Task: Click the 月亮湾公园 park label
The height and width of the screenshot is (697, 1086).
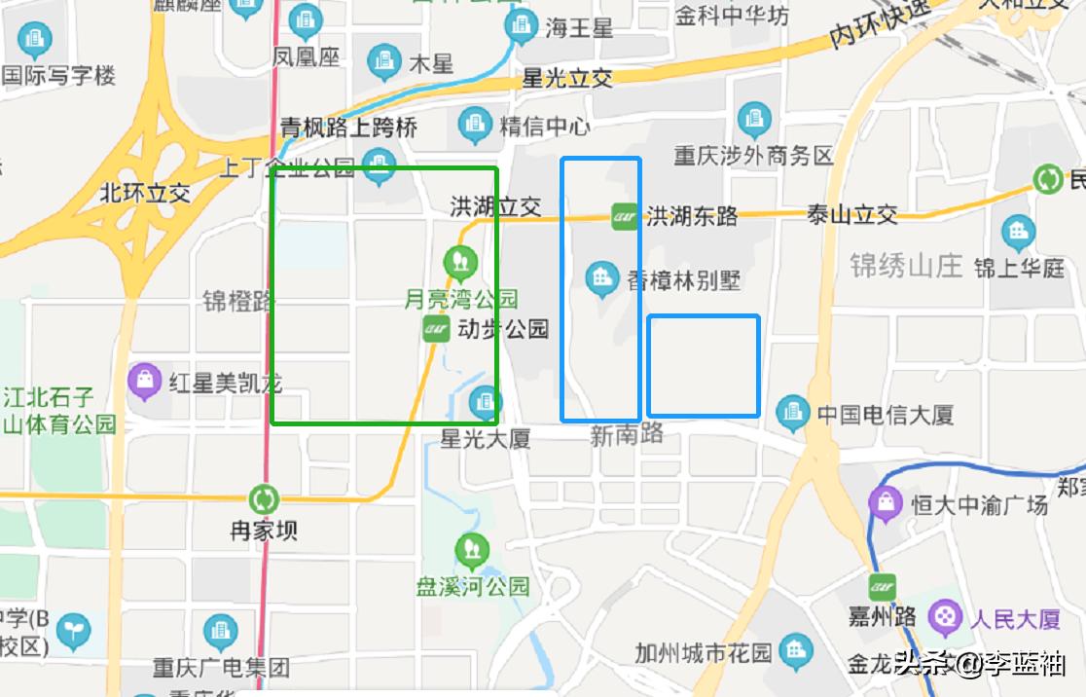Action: (x=461, y=299)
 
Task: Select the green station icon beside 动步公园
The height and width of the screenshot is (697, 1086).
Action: (x=436, y=329)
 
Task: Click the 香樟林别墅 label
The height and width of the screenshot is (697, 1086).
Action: (x=683, y=280)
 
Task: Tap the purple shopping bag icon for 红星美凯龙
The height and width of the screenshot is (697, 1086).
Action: (x=144, y=382)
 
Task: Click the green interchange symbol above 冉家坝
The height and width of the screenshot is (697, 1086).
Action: (x=264, y=500)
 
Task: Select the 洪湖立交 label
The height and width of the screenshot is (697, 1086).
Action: (x=495, y=206)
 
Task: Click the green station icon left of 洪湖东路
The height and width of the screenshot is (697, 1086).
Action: (x=624, y=216)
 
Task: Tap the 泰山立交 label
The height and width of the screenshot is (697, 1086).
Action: (x=852, y=215)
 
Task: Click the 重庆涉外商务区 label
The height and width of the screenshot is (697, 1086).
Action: (x=754, y=156)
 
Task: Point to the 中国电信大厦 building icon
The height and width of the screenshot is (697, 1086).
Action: (x=792, y=414)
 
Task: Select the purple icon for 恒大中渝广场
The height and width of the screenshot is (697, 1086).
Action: (x=887, y=503)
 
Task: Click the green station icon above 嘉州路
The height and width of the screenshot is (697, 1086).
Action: (x=883, y=587)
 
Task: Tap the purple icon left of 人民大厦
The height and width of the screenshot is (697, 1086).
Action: (x=944, y=617)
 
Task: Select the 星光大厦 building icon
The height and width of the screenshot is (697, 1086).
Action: (x=485, y=401)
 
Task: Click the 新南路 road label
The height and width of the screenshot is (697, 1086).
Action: (x=627, y=434)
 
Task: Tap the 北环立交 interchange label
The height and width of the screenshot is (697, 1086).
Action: (x=145, y=193)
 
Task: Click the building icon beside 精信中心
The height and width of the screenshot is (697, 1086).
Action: (x=475, y=125)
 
